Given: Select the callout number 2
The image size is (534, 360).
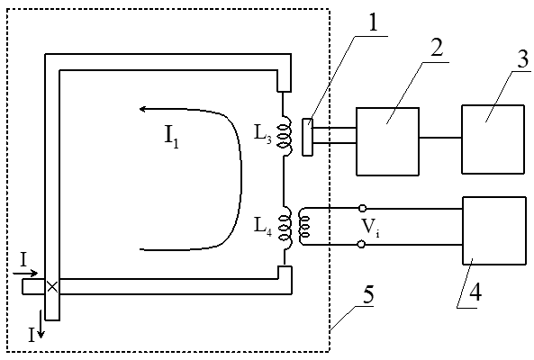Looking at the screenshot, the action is (x=437, y=48).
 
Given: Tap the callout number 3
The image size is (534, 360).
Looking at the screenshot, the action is (x=523, y=58).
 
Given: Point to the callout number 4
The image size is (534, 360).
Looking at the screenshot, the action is (x=475, y=292).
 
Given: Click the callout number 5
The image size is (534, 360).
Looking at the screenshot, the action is (x=368, y=294).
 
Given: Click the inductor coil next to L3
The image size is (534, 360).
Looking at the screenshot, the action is (x=285, y=137).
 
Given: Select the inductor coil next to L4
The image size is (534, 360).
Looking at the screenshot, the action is (x=285, y=228).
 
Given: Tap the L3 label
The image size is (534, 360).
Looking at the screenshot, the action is (x=263, y=134).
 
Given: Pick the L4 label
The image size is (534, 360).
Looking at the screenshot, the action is (x=263, y=226).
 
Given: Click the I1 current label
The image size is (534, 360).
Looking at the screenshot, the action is (x=171, y=136).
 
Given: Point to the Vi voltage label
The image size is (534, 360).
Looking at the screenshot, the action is (x=370, y=227).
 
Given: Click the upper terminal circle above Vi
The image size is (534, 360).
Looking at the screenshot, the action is (x=362, y=208).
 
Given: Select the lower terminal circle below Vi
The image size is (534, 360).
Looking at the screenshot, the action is (x=362, y=244).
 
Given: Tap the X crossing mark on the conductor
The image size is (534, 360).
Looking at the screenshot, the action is (x=52, y=287).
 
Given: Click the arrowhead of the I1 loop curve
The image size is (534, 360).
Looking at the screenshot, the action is (x=143, y=109).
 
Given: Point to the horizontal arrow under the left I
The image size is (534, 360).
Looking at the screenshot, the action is (x=25, y=274).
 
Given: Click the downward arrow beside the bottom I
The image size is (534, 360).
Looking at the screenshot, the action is (x=41, y=324).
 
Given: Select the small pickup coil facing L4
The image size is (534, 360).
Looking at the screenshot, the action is (x=303, y=226).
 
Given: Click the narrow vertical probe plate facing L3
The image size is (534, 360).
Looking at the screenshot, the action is (x=308, y=137).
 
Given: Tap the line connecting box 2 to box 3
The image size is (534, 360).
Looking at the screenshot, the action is (x=440, y=138).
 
